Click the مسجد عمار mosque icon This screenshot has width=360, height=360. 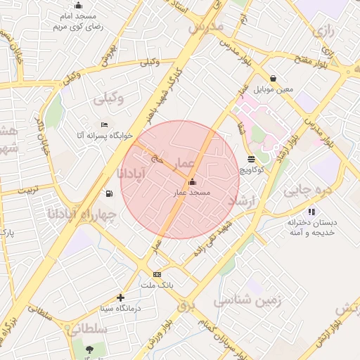(192, 183)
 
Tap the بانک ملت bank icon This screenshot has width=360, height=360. (157, 274)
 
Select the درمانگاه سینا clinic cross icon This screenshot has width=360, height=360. (120, 298)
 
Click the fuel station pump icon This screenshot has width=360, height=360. (108, 193)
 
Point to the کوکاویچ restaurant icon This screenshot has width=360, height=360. (252, 159)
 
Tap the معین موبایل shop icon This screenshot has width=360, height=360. (272, 79)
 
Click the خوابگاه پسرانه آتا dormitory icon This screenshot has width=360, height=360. (105, 124)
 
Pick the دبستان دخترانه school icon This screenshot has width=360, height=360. (311, 212)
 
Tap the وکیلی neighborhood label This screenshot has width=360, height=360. (109, 98)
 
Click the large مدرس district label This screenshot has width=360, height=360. (205, 27)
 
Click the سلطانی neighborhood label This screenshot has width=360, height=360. (87, 329)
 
